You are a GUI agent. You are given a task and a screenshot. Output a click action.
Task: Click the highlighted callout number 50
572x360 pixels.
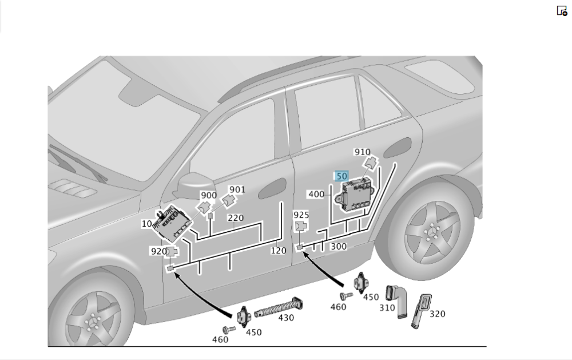click(342, 176)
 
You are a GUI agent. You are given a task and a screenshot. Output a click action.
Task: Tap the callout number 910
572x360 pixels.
click(362, 152)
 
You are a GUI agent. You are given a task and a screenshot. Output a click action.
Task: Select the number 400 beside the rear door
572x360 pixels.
click(316, 195)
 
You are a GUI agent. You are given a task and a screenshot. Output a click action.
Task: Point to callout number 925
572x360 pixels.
click(301, 215)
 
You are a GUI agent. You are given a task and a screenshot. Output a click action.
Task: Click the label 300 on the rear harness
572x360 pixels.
click(339, 247)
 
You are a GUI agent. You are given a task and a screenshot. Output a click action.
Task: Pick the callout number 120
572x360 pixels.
click(278, 251)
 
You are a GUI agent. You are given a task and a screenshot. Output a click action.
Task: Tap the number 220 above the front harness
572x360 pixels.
click(236, 218)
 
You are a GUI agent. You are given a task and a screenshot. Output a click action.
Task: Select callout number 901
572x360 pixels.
click(237, 189)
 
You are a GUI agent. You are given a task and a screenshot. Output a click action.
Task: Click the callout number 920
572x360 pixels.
click(158, 251)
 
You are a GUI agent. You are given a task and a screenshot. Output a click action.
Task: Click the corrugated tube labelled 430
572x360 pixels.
click(277, 308)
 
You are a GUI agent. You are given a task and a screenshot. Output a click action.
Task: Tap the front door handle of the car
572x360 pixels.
click(272, 187)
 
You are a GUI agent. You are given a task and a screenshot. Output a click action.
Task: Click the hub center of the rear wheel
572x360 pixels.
click(432, 233)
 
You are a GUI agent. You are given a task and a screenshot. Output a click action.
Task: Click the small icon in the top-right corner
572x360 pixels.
click(562, 10)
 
